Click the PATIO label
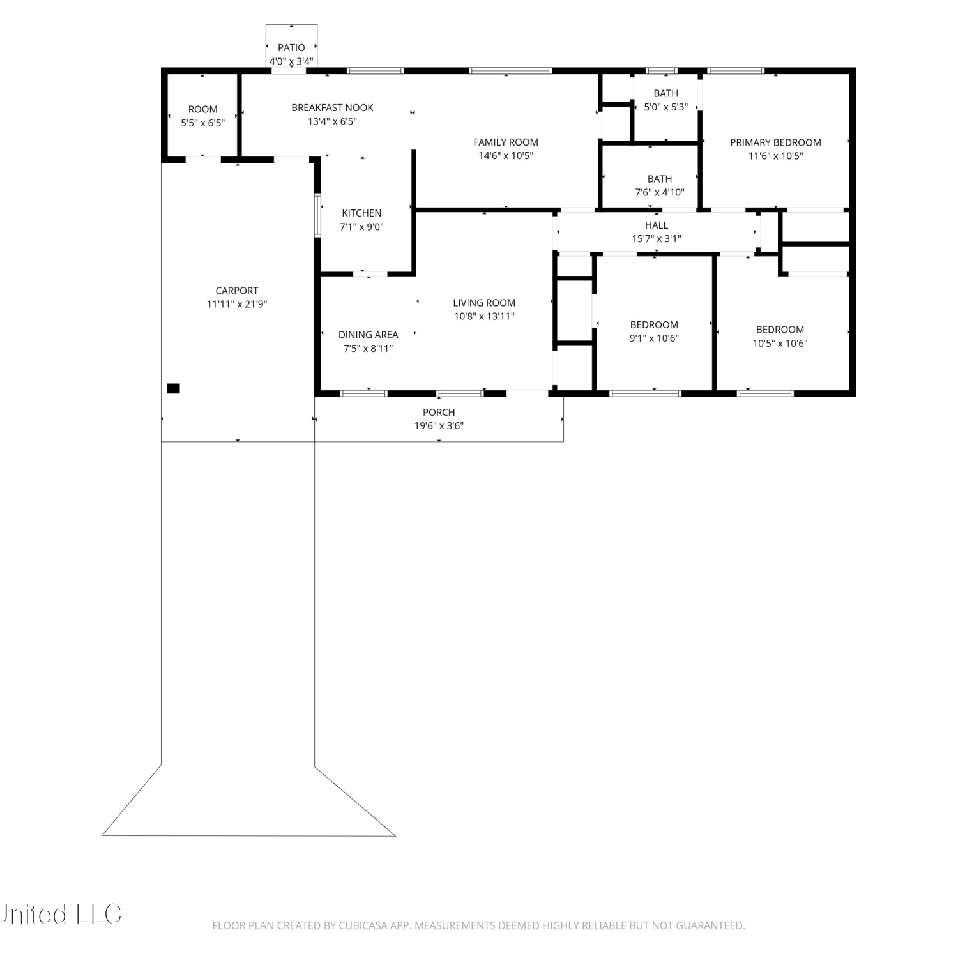[291, 47]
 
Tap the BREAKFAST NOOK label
[332, 108]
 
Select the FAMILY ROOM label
[506, 142]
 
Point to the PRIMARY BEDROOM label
[775, 142]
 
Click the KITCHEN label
[361, 213]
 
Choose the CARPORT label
[237, 291]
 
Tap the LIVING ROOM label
[484, 303]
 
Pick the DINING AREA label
[368, 335]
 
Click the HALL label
[657, 225]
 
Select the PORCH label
[439, 413]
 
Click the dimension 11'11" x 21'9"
[237, 304]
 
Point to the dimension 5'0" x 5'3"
[665, 107]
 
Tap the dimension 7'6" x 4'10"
[660, 192]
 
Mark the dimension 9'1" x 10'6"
[654, 338]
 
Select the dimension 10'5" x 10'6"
[780, 343]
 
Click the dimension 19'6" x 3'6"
[439, 426]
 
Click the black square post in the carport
[173, 388]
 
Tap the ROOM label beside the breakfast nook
[203, 109]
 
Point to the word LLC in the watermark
[99, 914]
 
